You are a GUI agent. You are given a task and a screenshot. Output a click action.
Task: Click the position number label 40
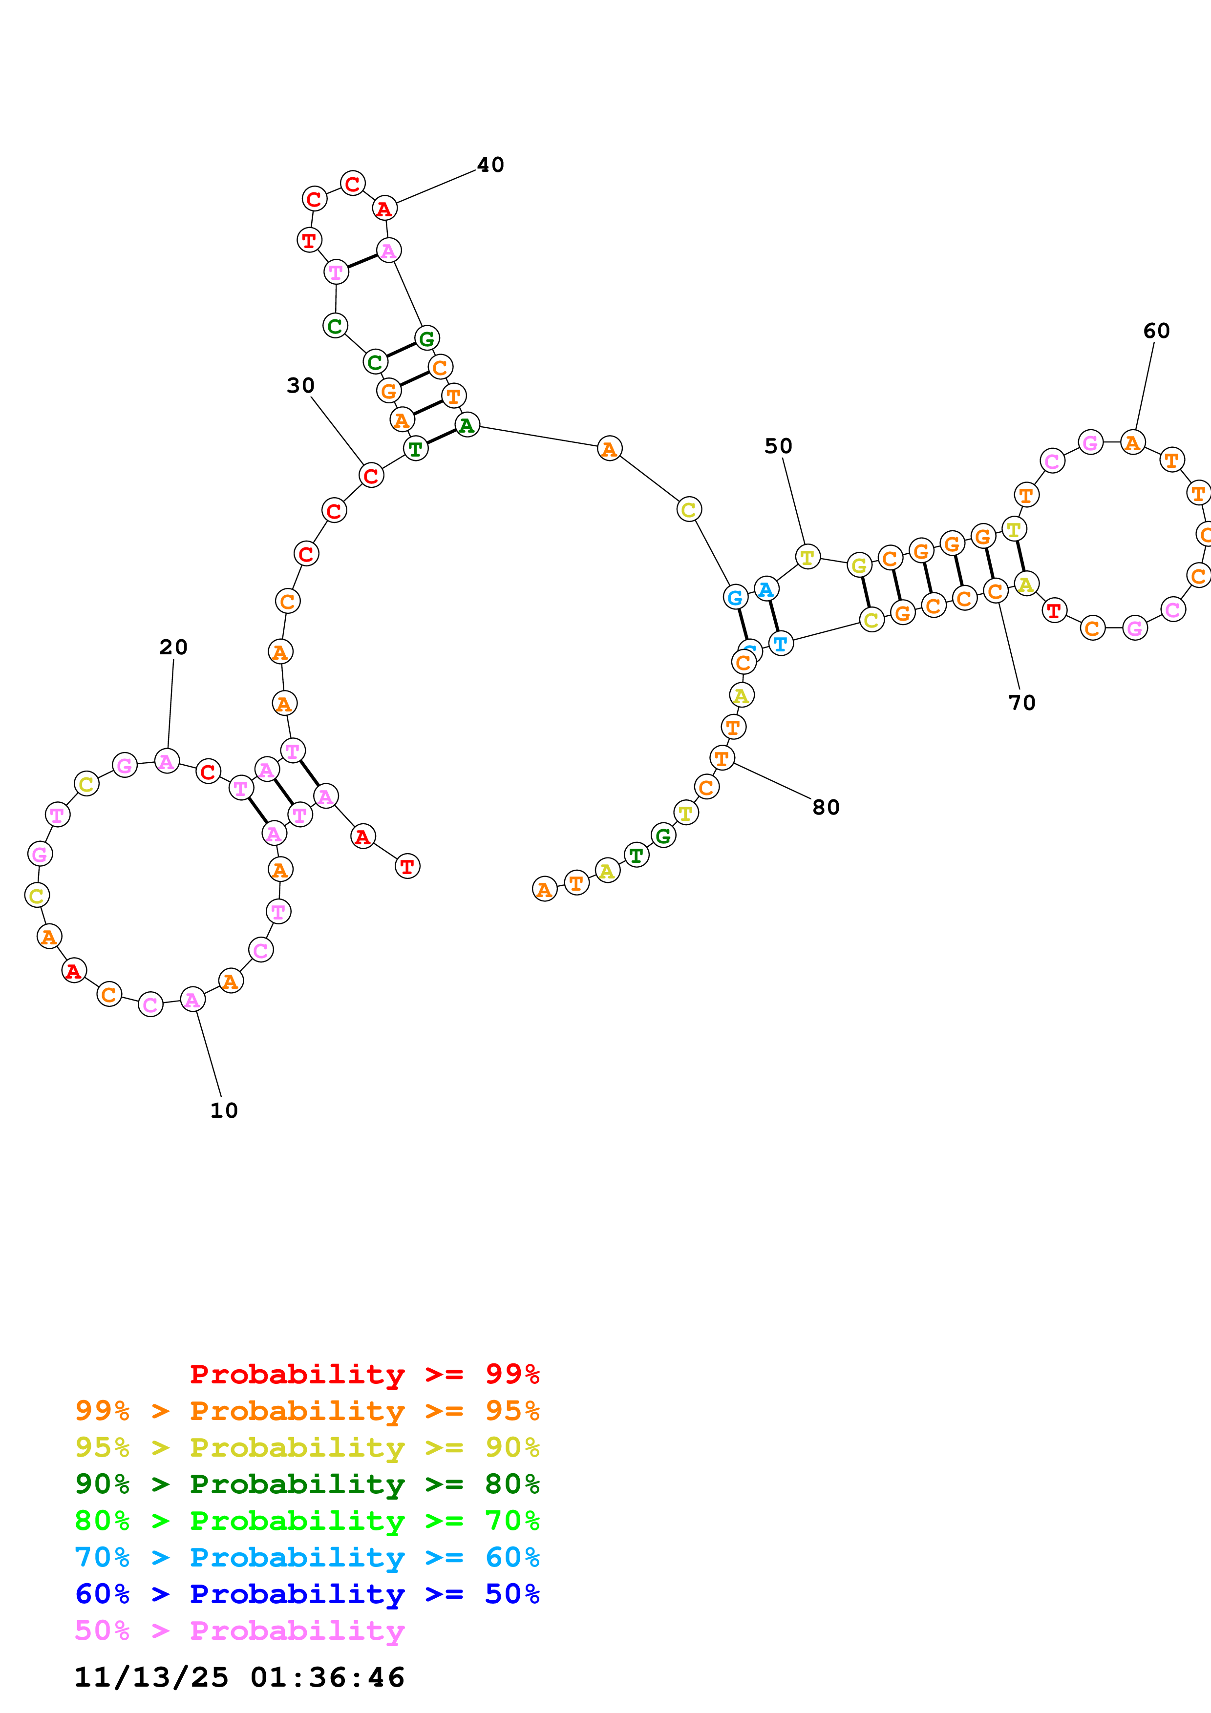490,165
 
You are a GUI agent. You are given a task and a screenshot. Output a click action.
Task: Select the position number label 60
1156,331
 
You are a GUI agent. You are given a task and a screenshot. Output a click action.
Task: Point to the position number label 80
826,807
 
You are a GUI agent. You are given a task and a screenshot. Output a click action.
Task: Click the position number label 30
301,386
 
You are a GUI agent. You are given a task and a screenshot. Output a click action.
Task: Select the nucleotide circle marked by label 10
192,1000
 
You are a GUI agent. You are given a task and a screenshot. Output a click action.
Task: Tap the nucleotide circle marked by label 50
807,557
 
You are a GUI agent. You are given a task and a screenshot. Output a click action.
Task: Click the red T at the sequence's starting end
407,866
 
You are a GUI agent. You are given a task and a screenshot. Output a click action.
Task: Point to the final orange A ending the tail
545,889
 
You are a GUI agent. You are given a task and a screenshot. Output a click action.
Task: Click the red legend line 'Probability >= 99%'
364,1374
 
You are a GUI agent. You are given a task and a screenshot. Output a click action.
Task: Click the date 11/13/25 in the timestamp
151,1678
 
